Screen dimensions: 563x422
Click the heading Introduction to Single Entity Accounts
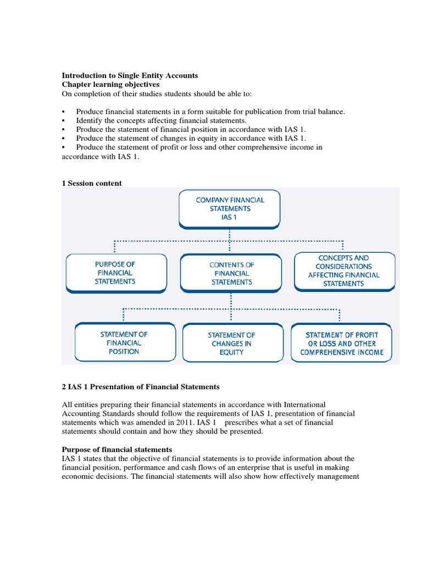[x=130, y=75]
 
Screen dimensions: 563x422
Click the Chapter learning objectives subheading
[x=110, y=85]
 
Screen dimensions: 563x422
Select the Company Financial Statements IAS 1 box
[x=230, y=209]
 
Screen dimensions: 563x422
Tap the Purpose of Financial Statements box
[x=116, y=273]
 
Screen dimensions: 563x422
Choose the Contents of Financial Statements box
[x=231, y=273]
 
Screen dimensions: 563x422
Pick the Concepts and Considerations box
[x=344, y=271]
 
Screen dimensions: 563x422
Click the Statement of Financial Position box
[x=124, y=343]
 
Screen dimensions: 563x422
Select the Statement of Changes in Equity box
[x=231, y=343]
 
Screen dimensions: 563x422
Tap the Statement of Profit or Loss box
[x=342, y=343]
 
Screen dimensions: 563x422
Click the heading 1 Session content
[x=92, y=184]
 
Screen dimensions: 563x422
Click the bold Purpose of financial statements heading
[x=117, y=449]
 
